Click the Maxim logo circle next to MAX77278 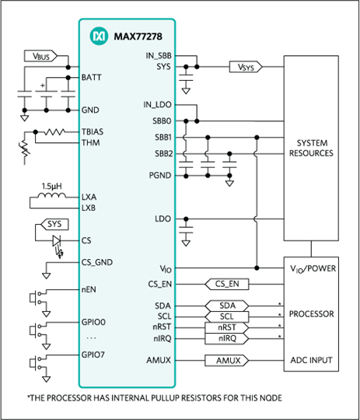tap(99, 36)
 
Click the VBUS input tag tap(40, 56)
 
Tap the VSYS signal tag tap(246, 67)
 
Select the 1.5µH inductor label tap(51, 186)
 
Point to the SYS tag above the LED tap(54, 224)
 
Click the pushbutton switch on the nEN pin tap(36, 298)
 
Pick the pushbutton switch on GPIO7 tap(36, 363)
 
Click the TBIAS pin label tap(93, 131)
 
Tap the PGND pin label tap(160, 176)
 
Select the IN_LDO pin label tap(157, 105)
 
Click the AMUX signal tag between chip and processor tap(227, 361)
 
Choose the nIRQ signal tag tap(227, 338)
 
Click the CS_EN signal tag tap(227, 284)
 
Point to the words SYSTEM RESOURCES tap(311, 148)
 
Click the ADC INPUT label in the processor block tap(311, 360)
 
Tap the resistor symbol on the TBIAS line tap(54, 131)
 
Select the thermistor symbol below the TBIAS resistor tap(24, 149)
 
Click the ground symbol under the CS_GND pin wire tap(47, 275)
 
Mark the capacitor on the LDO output tap(186, 229)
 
